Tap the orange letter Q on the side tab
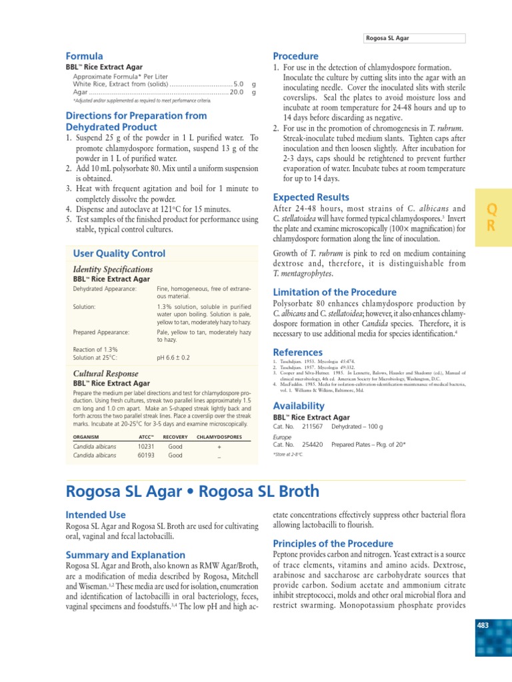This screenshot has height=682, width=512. (491, 208)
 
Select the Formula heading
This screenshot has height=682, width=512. (84, 57)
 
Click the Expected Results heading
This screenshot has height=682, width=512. (311, 197)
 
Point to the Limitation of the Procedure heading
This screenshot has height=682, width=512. (335, 292)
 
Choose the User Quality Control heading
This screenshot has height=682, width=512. (119, 254)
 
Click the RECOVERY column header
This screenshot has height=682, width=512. (175, 436)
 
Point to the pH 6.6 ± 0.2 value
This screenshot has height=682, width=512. (173, 358)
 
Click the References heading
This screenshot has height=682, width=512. (298, 352)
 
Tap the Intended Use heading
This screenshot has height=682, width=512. (95, 515)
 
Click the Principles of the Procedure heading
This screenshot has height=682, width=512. (333, 543)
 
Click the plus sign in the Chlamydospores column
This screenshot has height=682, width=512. (219, 448)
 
